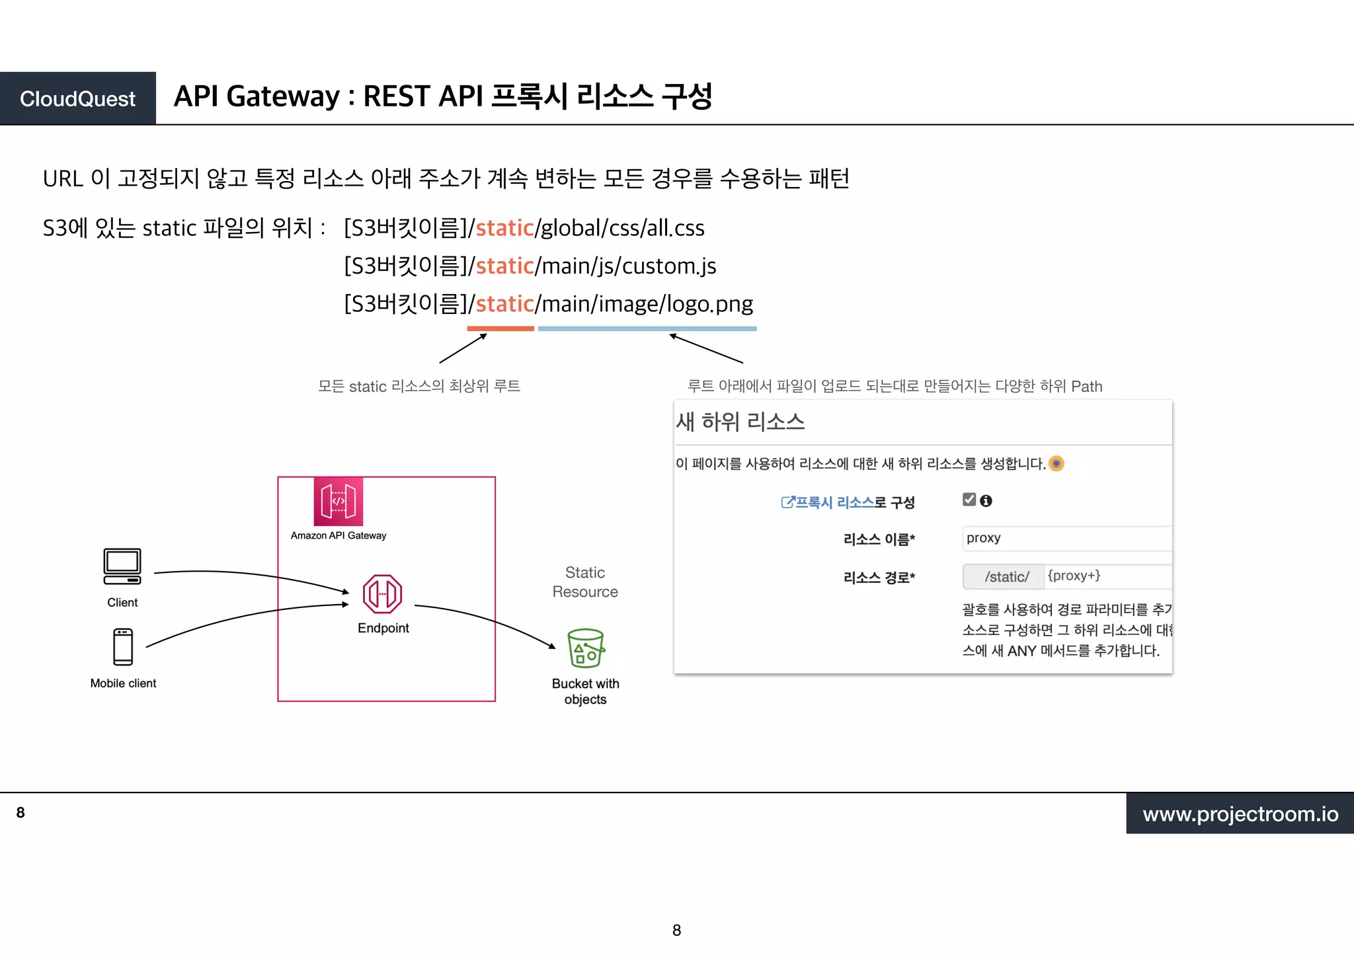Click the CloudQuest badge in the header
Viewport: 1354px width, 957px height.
[x=77, y=98]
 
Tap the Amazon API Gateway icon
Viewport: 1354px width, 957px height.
[x=338, y=501]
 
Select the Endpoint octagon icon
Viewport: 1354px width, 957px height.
[x=382, y=593]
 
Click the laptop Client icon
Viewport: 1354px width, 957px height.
[x=122, y=566]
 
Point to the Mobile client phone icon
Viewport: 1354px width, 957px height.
[x=123, y=646]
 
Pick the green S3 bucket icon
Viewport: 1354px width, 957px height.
[x=586, y=648]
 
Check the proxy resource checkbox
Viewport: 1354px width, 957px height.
[x=969, y=500]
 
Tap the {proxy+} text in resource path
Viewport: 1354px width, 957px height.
[x=1074, y=576]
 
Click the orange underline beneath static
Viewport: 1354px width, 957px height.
[x=500, y=328]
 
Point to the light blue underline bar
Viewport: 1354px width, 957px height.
[x=647, y=328]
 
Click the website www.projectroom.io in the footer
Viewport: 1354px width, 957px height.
[x=1240, y=814]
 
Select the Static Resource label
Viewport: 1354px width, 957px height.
[x=585, y=582]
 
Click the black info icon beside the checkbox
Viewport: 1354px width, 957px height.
[x=986, y=501]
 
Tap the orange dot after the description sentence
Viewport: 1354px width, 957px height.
[x=1056, y=463]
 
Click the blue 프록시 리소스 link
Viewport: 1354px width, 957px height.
[x=834, y=502]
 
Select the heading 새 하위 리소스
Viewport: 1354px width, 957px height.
[x=740, y=422]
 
